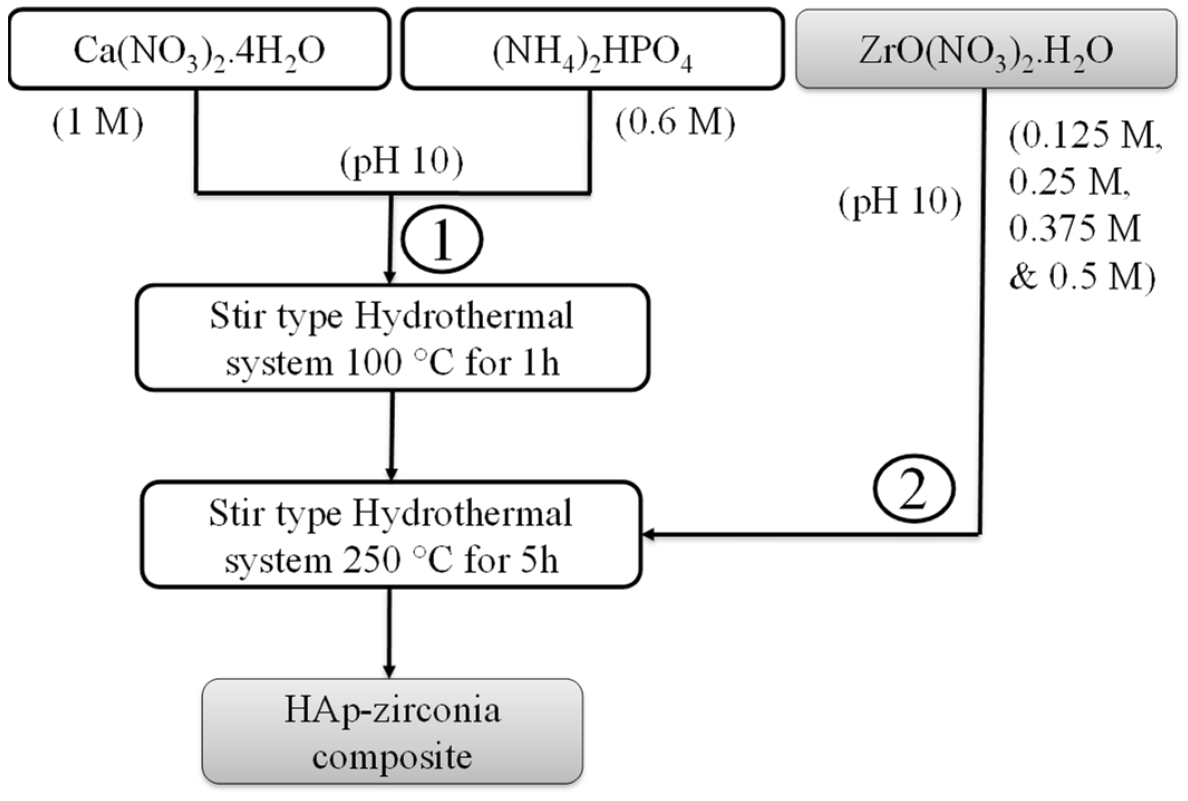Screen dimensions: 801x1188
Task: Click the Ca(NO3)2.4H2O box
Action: pos(199,49)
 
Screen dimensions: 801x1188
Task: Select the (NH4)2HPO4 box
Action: pos(593,49)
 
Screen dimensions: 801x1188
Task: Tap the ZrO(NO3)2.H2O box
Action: pos(986,49)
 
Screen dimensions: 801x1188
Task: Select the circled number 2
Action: pos(914,489)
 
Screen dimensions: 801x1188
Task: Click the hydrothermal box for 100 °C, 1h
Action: pos(392,338)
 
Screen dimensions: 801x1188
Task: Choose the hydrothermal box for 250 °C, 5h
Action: pos(391,535)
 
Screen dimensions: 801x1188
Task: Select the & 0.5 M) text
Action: pos(1082,276)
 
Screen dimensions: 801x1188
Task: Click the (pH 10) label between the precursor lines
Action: pos(401,162)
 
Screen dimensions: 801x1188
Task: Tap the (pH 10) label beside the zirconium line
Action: pos(900,201)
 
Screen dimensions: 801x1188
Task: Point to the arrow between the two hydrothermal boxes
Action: pos(392,435)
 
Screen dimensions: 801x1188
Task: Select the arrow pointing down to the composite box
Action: pos(389,633)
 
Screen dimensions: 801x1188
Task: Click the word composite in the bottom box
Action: pos(392,756)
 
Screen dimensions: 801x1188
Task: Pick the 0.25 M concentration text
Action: pos(1070,181)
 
